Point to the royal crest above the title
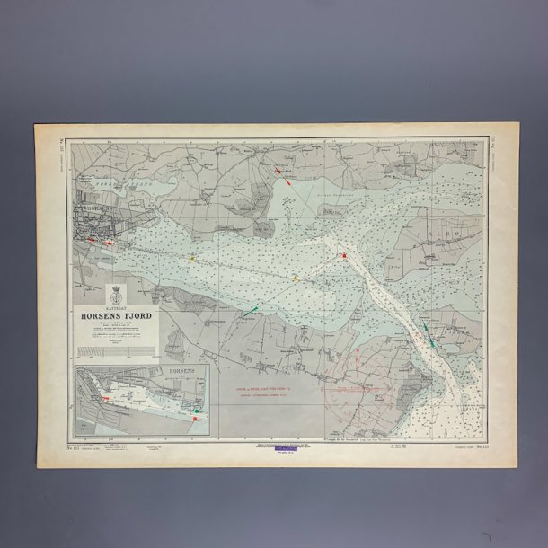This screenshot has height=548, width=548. (115, 294)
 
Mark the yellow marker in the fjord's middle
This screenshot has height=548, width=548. (296, 278)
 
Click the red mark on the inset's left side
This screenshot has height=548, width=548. (106, 396)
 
